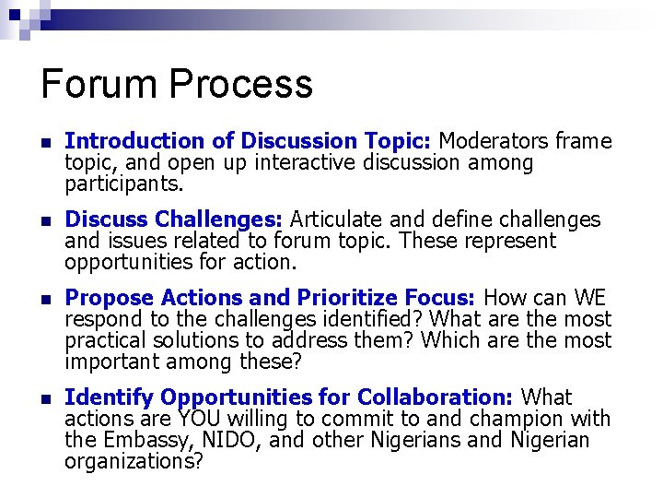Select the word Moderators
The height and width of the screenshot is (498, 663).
coord(494,141)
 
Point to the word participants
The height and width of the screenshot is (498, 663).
coord(123,184)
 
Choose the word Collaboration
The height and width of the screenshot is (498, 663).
coord(434,397)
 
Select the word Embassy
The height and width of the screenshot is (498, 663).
coord(145,440)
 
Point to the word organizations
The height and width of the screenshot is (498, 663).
coord(134,461)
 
